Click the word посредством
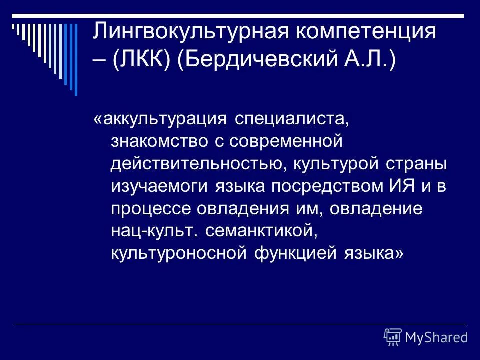click(330, 186)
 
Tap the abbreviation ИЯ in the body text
click(401, 186)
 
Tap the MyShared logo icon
click(393, 337)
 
